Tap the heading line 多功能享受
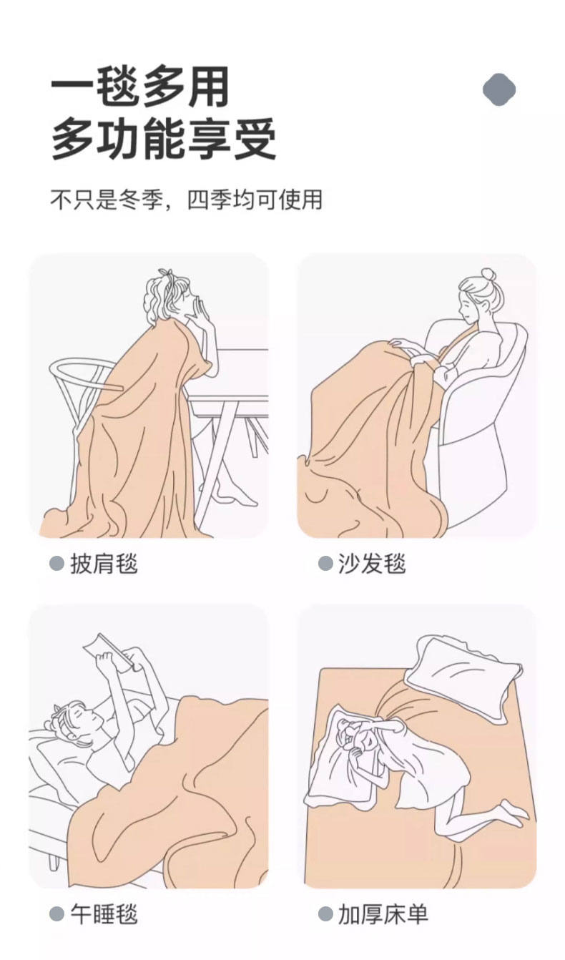tap(163, 139)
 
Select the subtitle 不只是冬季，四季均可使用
tap(187, 200)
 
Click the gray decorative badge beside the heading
tap(499, 89)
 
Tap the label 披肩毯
tap(104, 563)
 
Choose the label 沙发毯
tap(372, 563)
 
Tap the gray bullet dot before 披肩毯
tap(57, 564)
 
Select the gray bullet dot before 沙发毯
tap(325, 564)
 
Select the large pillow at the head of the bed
tap(463, 673)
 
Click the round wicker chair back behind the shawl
tap(82, 377)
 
